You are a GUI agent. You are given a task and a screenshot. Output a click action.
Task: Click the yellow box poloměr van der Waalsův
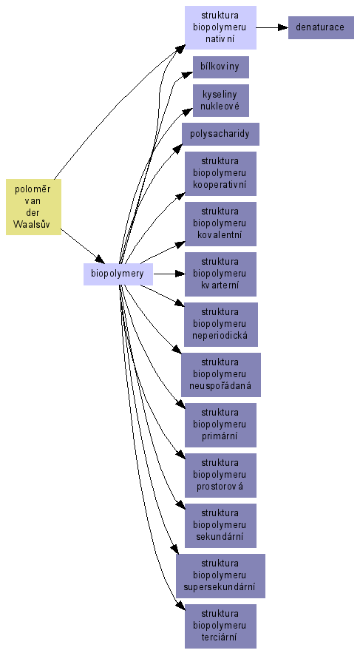click(x=33, y=207)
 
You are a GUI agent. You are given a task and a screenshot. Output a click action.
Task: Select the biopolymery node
click(x=118, y=274)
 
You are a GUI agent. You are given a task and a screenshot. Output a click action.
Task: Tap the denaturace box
click(x=321, y=28)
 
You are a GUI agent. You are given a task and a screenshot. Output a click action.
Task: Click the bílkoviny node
click(x=221, y=67)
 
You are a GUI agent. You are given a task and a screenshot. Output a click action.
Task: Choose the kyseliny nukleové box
click(x=221, y=101)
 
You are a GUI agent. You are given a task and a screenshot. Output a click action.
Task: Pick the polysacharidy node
click(x=220, y=134)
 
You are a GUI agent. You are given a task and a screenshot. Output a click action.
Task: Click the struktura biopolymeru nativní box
click(x=220, y=28)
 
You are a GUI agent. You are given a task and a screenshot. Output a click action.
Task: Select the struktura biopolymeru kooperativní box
click(x=220, y=174)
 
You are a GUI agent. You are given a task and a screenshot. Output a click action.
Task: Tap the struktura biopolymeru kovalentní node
click(x=220, y=224)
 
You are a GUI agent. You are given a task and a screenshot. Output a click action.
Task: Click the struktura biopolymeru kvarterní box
click(x=220, y=274)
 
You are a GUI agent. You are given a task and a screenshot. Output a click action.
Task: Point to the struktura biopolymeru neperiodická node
click(x=220, y=325)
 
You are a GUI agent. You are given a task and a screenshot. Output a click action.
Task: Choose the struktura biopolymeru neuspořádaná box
click(x=221, y=375)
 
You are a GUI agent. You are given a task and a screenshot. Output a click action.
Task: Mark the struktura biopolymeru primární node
click(x=220, y=425)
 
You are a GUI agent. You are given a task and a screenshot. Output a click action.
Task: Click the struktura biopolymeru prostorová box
click(x=220, y=476)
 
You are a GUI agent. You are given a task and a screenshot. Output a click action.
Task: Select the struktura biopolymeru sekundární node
click(x=220, y=526)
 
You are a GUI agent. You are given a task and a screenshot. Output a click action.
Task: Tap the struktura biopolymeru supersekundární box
click(x=220, y=576)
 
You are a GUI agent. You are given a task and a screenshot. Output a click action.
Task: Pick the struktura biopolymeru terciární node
click(x=220, y=626)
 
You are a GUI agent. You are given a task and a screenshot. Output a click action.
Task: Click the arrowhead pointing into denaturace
click(x=284, y=28)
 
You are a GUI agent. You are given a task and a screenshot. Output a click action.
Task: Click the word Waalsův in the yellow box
click(x=33, y=224)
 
